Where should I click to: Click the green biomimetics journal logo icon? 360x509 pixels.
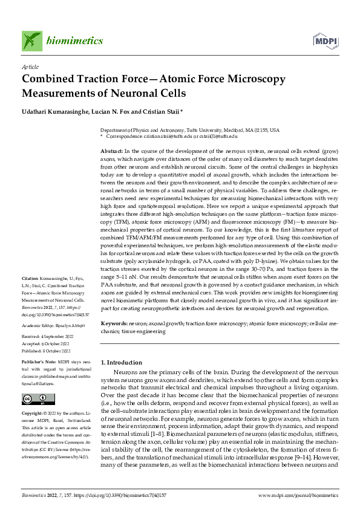pos(32,40)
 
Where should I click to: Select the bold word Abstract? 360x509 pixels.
pos(111,151)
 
